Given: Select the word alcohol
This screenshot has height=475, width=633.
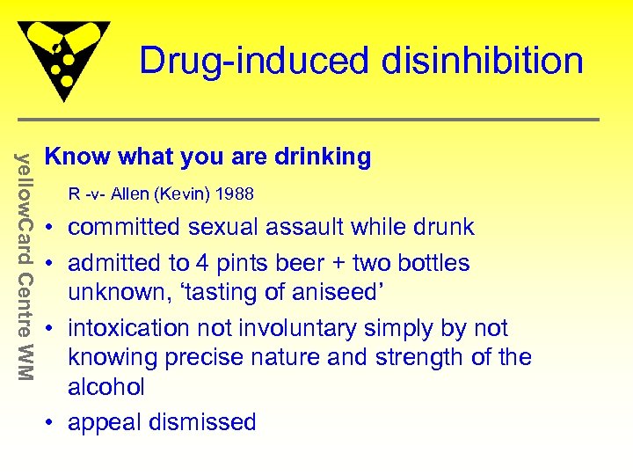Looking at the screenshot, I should coord(106,386).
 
